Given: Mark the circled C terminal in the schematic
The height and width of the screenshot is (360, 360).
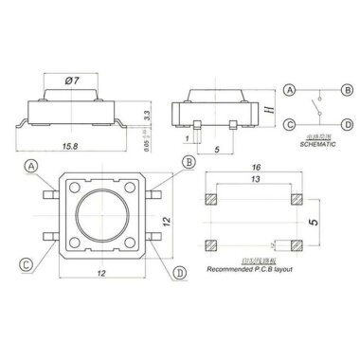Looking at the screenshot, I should (x=290, y=123).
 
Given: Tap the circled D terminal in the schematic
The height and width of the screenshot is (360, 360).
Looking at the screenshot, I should (x=347, y=123).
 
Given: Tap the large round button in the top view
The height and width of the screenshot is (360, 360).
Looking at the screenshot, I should (x=100, y=220).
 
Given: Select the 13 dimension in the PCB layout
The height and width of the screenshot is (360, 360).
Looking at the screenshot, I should (x=255, y=178).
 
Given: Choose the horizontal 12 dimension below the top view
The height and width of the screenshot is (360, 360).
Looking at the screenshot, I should (x=100, y=273).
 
